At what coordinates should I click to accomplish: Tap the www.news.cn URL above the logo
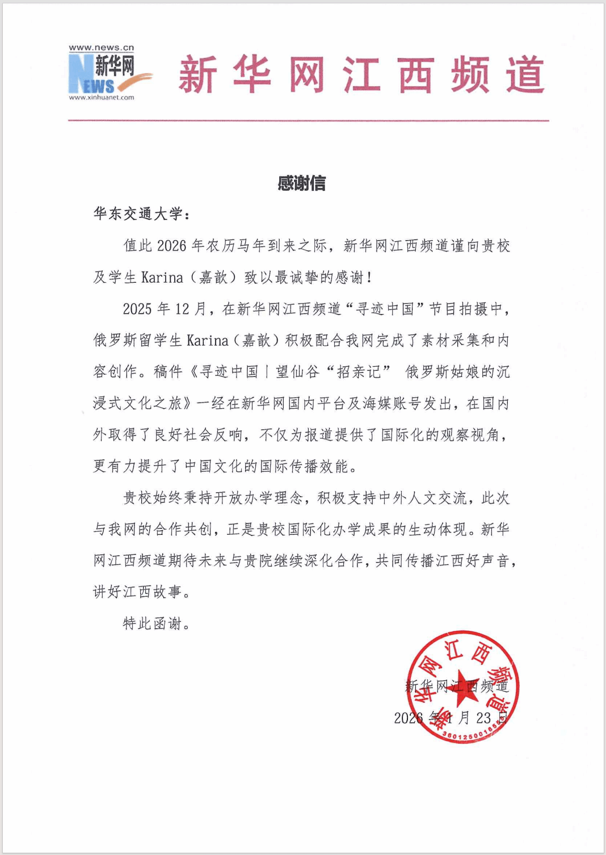point(102,48)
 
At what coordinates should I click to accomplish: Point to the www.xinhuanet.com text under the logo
point(102,98)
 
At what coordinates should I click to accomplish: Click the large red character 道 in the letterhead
point(525,74)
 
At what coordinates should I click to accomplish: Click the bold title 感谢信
point(301,183)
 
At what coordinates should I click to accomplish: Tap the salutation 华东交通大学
point(138,214)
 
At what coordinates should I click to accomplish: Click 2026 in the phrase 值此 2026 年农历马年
point(171,246)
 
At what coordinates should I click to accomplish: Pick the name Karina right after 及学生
point(162,278)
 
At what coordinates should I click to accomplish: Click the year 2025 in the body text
point(137,309)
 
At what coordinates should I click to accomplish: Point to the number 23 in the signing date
point(483,718)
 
